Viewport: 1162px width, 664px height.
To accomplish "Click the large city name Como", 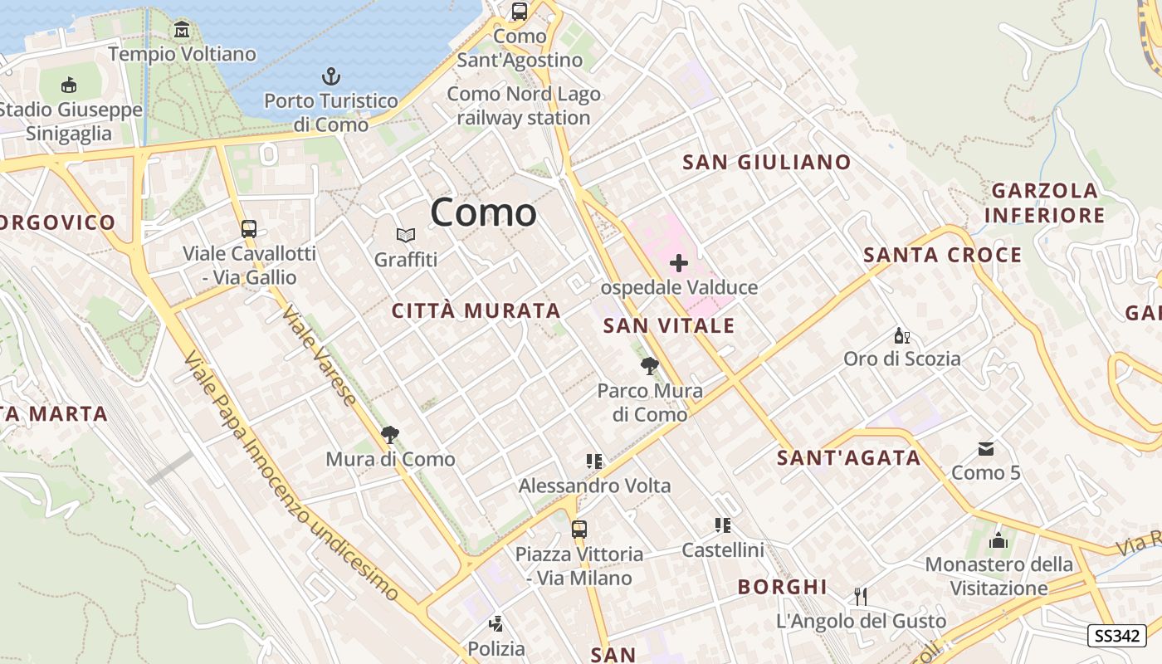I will pyautogui.click(x=483, y=212).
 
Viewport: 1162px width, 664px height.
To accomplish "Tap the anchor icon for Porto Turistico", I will pyautogui.click(x=331, y=77).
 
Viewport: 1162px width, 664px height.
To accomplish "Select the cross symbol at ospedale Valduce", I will pyautogui.click(x=679, y=264).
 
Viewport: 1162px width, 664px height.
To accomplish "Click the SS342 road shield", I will pyautogui.click(x=1116, y=636).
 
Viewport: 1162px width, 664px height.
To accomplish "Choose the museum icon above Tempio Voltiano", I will pyautogui.click(x=182, y=31).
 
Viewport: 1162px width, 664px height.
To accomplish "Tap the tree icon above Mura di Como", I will pyautogui.click(x=389, y=434).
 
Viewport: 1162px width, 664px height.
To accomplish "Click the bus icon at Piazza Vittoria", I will pyautogui.click(x=579, y=529).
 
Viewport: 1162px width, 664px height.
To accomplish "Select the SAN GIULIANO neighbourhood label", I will pyautogui.click(x=767, y=162).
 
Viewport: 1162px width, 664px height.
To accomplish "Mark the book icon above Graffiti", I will pyautogui.click(x=405, y=236).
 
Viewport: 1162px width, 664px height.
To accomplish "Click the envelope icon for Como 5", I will pyautogui.click(x=985, y=449).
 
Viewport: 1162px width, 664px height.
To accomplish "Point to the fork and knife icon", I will pyautogui.click(x=861, y=596).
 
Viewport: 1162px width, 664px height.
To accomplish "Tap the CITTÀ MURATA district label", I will pyautogui.click(x=476, y=311).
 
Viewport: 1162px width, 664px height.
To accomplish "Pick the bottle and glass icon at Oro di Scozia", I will pyautogui.click(x=901, y=335).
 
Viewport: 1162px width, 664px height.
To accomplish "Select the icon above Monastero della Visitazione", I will pyautogui.click(x=998, y=541).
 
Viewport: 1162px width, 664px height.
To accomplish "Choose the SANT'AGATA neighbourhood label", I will pyautogui.click(x=849, y=457).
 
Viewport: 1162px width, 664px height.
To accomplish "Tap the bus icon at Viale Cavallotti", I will pyautogui.click(x=248, y=229).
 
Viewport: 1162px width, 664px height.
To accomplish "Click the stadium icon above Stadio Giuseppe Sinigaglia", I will pyautogui.click(x=70, y=85).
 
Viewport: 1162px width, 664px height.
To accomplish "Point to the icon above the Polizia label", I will pyautogui.click(x=496, y=623).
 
